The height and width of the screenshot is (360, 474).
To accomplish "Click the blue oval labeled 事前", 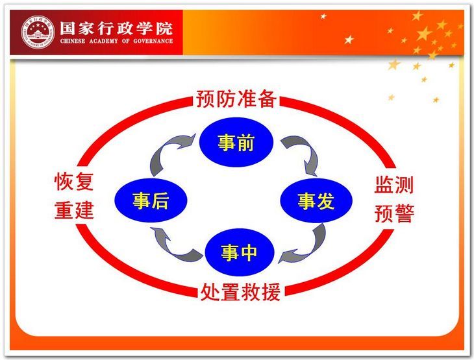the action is pyautogui.click(x=236, y=142).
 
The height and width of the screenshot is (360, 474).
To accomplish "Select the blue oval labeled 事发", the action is pyautogui.click(x=316, y=200).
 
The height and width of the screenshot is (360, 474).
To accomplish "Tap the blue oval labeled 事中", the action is pyautogui.click(x=239, y=252).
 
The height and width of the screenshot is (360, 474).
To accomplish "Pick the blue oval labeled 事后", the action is pyautogui.click(x=151, y=200).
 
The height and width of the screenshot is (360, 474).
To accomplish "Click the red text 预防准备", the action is pyautogui.click(x=236, y=99).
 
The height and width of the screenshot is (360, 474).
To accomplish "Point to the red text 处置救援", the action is pyautogui.click(x=240, y=292).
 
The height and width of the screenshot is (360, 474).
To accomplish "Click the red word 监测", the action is pyautogui.click(x=394, y=185).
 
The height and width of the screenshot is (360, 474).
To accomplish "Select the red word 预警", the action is pyautogui.click(x=394, y=213).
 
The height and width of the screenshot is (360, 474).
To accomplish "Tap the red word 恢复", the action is pyautogui.click(x=74, y=182).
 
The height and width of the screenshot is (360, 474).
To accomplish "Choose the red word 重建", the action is pyautogui.click(x=74, y=210).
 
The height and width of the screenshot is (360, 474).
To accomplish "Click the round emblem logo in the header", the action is pyautogui.click(x=38, y=32).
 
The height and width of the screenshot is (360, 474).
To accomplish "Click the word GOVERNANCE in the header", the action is pyautogui.click(x=153, y=41).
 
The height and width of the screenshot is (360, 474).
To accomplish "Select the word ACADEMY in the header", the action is pyautogui.click(x=104, y=41).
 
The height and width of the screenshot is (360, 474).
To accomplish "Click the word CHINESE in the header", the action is pyautogui.click(x=73, y=41).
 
